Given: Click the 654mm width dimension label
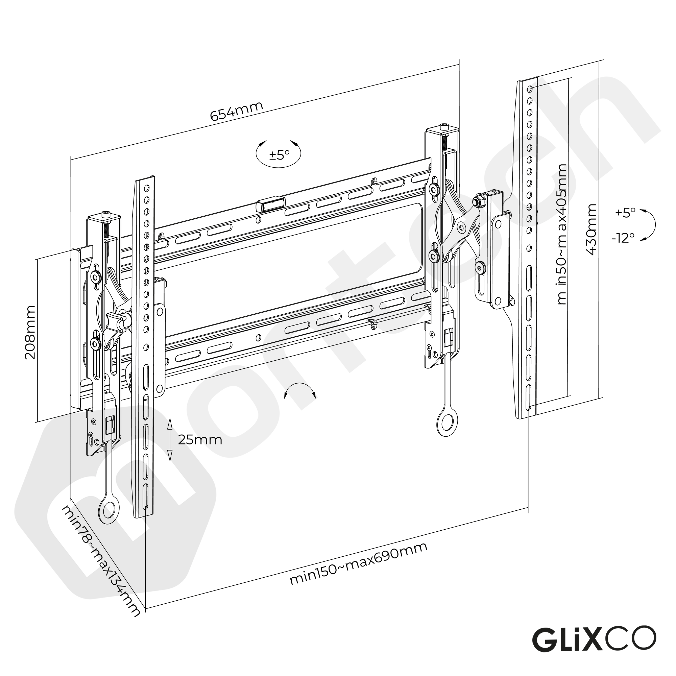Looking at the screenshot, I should pos(237,111).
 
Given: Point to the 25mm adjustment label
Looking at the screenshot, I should pos(200,440).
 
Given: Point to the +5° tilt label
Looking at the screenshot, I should pos(625,212).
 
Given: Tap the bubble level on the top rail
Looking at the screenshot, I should pos(271,205).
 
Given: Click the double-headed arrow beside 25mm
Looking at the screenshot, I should pos(170,439).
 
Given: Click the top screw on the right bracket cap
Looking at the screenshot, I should pos(444,125).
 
